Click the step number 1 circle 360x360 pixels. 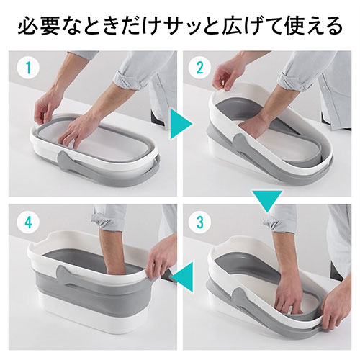[x=29, y=68]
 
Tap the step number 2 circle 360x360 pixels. [x=199, y=68]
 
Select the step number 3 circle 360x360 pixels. [x=199, y=222]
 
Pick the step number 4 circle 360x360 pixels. [x=29, y=222]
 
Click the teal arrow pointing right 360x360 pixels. [x=181, y=124]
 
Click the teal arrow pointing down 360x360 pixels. [x=267, y=201]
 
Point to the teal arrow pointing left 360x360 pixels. [x=183, y=276]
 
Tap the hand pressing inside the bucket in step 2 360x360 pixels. [x=252, y=126]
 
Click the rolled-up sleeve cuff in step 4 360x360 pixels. [x=99, y=219]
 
